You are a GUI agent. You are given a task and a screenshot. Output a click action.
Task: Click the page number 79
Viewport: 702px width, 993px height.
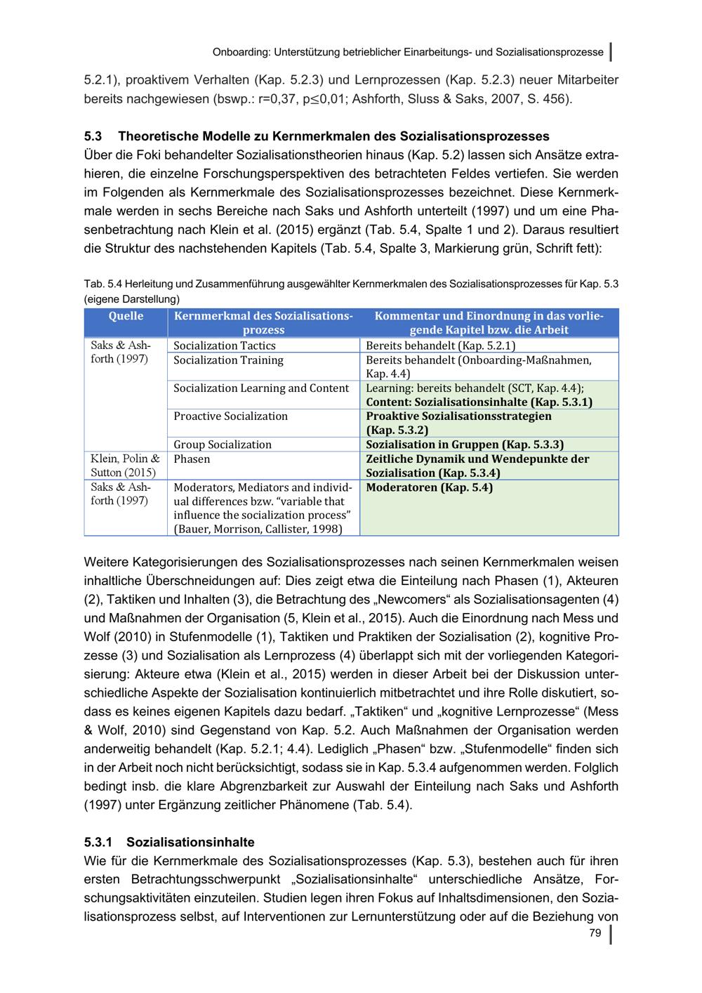595,933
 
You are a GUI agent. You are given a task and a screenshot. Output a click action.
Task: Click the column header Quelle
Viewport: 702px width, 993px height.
126,316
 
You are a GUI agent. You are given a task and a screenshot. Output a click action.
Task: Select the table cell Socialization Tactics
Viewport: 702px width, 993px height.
225,346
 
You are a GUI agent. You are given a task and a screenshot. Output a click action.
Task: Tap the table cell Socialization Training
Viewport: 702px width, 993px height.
229,360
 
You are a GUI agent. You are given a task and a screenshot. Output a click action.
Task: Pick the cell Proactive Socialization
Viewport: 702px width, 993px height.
231,416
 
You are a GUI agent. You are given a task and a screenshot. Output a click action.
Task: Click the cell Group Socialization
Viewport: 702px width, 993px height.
223,445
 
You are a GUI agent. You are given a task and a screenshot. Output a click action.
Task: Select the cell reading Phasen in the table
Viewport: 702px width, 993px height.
192,459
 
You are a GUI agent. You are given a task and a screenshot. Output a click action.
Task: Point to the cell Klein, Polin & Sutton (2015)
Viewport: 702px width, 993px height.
125,466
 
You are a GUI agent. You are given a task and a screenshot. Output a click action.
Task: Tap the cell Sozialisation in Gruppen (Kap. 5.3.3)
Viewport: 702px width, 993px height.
465,445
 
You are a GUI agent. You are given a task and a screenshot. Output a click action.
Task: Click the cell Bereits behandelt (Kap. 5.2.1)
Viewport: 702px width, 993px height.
441,346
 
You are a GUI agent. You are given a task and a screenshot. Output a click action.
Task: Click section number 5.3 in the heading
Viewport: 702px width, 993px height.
93,136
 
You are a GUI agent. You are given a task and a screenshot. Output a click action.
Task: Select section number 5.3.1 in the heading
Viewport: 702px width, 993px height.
98,842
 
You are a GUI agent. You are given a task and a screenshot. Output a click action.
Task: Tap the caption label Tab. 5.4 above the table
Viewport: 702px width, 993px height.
104,284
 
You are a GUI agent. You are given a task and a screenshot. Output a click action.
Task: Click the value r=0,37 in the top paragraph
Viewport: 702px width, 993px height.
279,99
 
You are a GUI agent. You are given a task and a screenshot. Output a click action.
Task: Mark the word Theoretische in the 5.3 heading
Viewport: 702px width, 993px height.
158,136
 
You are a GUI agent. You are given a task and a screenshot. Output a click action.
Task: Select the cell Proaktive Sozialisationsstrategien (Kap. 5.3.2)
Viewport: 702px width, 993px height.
458,423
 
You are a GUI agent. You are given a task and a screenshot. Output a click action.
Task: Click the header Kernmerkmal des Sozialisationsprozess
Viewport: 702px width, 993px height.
263,323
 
